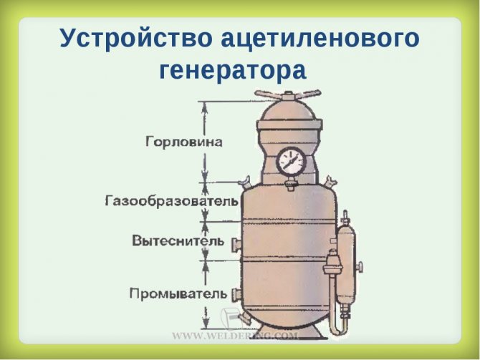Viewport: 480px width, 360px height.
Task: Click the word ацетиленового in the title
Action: [x=320, y=39]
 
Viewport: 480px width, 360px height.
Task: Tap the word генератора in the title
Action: [x=233, y=71]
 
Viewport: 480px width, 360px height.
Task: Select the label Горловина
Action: [x=183, y=142]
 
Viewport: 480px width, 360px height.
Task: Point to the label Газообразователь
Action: [x=171, y=201]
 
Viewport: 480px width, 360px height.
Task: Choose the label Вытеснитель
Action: [x=178, y=240]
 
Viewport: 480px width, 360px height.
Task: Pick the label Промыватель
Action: [x=178, y=293]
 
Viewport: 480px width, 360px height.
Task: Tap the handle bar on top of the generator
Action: [x=288, y=94]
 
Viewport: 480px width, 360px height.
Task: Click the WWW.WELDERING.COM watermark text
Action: [x=235, y=336]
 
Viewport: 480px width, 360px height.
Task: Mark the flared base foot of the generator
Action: [x=288, y=333]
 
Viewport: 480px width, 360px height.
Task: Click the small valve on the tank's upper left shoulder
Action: [x=245, y=183]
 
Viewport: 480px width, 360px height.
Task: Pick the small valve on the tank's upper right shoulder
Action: [x=330, y=183]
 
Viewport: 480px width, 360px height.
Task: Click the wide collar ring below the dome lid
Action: [x=289, y=125]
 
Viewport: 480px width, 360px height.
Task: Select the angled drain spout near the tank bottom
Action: [x=244, y=318]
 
